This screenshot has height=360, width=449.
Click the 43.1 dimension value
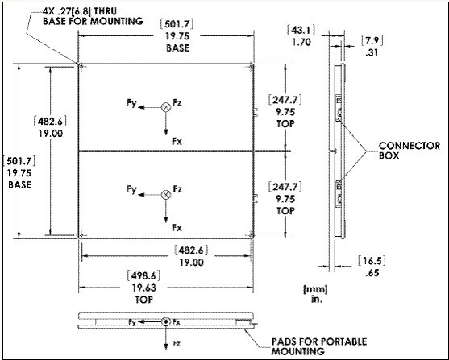pos(301,30)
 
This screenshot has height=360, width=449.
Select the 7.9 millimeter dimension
pos(372,40)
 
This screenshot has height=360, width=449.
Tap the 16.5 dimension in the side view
pos(372,260)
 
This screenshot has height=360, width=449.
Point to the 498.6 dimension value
pos(143,275)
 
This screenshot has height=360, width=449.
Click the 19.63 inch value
pos(144,288)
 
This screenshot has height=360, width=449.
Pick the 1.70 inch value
pos(301,43)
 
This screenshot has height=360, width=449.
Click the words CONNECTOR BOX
pos(410,151)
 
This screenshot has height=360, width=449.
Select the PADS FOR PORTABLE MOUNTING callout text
pos(319,346)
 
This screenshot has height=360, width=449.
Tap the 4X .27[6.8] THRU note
pos(80,11)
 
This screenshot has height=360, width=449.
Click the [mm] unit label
pos(315,289)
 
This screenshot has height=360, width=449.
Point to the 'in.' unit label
pos(317,299)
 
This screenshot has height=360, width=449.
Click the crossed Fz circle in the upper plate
pos(166,107)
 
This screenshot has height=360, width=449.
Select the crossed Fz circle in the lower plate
pos(166,195)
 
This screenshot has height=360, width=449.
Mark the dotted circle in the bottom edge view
pos(166,322)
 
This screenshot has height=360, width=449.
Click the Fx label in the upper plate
pos(177,141)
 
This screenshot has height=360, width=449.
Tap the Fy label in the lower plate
pos(131,190)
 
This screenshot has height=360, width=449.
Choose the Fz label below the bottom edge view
pos(177,343)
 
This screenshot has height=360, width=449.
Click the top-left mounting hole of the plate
pos(81,67)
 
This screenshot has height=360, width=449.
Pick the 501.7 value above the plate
pos(177,24)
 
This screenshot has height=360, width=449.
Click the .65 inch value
pos(372,273)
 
